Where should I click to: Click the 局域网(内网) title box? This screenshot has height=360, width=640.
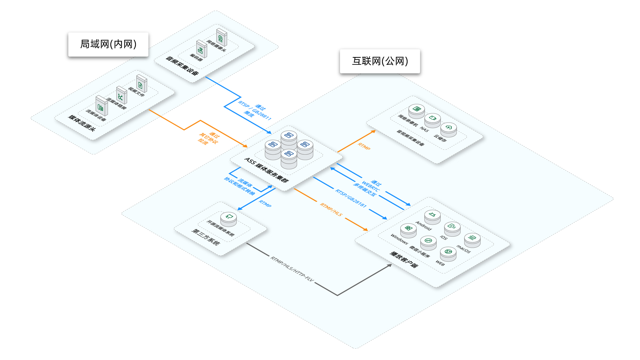point(108,44)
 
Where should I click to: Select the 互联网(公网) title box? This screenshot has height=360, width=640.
point(380,61)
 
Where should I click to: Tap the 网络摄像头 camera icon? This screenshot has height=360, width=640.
point(221,37)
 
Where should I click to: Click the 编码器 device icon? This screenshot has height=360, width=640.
point(201,49)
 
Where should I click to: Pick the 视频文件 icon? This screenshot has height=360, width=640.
point(141,84)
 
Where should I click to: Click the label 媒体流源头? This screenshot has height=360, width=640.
point(82,123)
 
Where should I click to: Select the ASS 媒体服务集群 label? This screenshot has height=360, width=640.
point(266,170)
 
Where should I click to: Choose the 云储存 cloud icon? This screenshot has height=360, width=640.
point(449,129)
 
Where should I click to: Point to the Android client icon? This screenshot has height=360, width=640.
point(432,216)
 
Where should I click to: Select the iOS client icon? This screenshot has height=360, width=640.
point(452,228)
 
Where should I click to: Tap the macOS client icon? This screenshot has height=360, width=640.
point(472,239)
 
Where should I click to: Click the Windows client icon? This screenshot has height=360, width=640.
point(408,230)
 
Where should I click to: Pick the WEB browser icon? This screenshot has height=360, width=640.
point(448,253)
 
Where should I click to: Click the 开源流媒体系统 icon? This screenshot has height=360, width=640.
point(229,218)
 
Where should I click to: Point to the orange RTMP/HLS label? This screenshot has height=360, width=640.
point(331,209)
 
